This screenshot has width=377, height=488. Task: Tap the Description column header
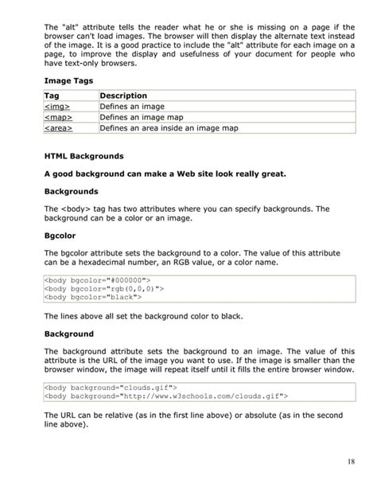(125, 96)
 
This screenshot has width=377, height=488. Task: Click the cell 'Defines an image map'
(142, 116)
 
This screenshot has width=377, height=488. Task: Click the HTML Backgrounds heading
(84, 155)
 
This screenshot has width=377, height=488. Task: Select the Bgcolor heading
(61, 236)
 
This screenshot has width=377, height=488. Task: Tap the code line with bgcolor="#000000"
(97, 280)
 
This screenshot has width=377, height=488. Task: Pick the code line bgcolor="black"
(93, 298)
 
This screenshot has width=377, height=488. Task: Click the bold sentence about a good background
(165, 174)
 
